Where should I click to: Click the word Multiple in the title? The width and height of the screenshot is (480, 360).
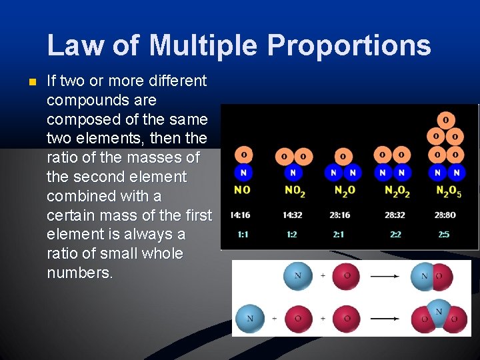pos(203,45)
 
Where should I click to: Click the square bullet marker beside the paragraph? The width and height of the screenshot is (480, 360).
pos(27,83)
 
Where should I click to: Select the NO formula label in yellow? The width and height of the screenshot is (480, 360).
pos(243,191)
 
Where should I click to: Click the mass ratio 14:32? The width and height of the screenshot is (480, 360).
pos(293,215)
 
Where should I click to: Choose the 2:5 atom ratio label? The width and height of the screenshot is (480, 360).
pos(444,235)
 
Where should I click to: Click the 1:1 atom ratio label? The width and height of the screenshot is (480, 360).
pos(243,235)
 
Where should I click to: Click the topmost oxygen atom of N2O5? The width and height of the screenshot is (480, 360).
pos(445,120)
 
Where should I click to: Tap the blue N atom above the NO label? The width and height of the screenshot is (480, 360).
pos(243,173)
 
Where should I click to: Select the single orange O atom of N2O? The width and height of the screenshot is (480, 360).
pos(343,156)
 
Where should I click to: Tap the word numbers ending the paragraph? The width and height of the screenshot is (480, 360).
pos(80,273)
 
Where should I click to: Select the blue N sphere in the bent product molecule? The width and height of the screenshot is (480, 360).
pos(438,311)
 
